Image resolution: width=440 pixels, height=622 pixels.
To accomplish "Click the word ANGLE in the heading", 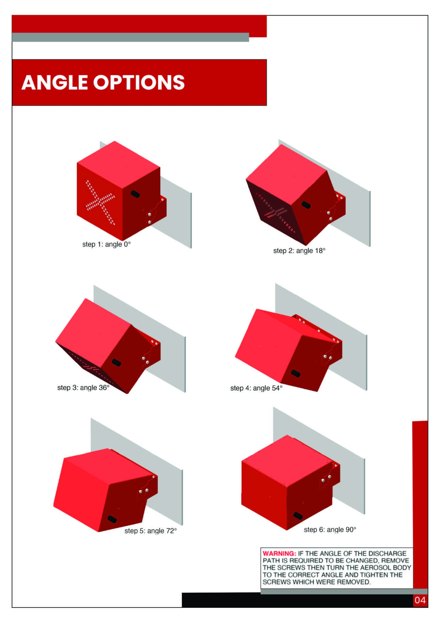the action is tap(54, 82).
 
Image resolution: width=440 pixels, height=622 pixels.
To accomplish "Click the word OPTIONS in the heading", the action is tap(139, 82).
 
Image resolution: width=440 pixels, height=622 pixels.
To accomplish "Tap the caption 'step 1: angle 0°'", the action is tap(106, 244).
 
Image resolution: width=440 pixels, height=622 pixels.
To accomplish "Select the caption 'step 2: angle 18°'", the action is tap(299, 251).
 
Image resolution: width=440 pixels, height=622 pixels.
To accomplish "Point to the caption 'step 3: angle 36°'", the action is tap(83, 388).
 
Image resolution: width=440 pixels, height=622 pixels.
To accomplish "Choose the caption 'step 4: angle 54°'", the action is tap(256, 388).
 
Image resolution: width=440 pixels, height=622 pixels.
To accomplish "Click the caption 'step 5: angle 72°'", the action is tap(151, 531).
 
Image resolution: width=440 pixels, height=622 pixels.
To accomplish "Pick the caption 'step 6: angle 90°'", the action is tap(330, 529).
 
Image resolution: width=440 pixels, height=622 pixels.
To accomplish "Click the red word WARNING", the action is tap(279, 553).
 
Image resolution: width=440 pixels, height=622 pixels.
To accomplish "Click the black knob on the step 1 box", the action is tap(135, 194).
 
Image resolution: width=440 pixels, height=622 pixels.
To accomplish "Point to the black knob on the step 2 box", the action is tap(306, 205).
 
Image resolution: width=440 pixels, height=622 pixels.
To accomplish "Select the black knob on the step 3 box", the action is tap(116, 362).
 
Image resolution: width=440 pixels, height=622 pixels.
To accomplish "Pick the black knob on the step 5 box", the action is tap(112, 519).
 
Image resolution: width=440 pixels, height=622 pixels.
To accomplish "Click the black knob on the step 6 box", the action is tap(298, 516).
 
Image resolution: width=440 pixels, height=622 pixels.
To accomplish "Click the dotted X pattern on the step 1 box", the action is tap(100, 202).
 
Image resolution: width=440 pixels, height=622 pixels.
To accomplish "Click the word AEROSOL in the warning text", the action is tap(370, 568).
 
